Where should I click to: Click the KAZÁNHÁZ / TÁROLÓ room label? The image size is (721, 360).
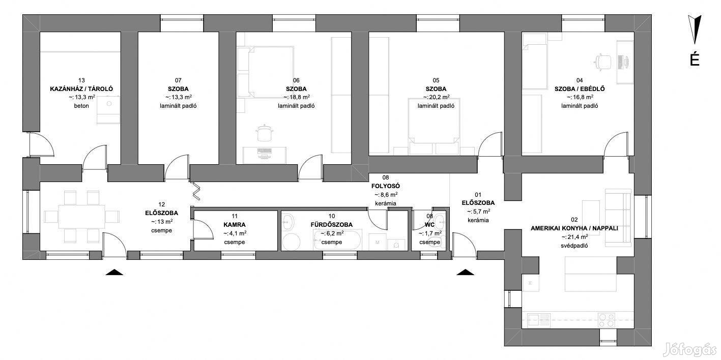pyautogui.click(x=81, y=89)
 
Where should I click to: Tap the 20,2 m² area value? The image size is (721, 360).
pyautogui.click(x=436, y=97)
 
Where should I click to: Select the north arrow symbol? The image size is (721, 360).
pyautogui.click(x=695, y=29)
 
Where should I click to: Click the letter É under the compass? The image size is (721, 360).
pyautogui.click(x=695, y=59)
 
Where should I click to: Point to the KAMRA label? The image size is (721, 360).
pyautogui.click(x=235, y=225)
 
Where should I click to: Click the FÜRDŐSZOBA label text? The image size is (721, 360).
pyautogui.click(x=332, y=225)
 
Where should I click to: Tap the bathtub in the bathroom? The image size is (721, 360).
pyautogui.click(x=336, y=239)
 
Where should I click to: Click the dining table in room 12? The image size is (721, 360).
pyautogui.click(x=81, y=217)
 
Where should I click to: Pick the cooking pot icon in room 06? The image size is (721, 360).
pyautogui.click(x=264, y=133)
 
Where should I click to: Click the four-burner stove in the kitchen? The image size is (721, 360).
pyautogui.click(x=607, y=320)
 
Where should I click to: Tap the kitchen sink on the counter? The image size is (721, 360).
pyautogui.click(x=538, y=320)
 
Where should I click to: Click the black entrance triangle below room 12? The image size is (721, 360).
pyautogui.click(x=114, y=272)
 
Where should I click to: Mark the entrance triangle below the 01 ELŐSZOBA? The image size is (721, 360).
pyautogui.click(x=465, y=272)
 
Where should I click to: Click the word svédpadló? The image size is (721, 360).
pyautogui.click(x=574, y=246)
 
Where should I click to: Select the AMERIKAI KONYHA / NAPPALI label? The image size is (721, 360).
pyautogui.click(x=574, y=228)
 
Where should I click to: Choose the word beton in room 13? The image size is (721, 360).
pyautogui.click(x=81, y=106)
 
